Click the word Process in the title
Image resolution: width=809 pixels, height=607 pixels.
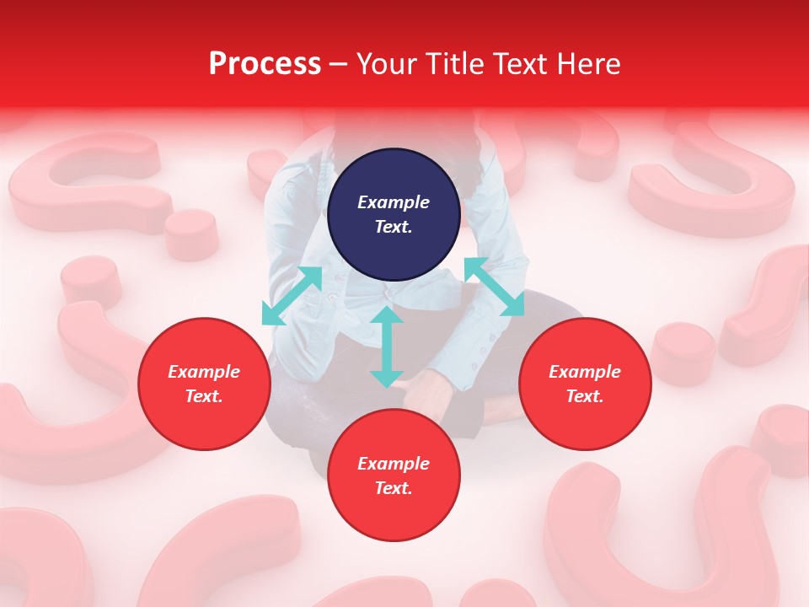coord(265,64)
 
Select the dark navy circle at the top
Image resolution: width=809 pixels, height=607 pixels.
coord(394,214)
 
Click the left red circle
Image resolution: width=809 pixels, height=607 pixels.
coord(204,384)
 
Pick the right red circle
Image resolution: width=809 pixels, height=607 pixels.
coord(585,384)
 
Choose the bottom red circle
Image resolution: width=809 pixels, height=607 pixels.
coord(394,475)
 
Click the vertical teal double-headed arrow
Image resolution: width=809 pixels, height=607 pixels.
coord(386,346)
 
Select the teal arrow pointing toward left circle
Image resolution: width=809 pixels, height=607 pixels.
coord(292,296)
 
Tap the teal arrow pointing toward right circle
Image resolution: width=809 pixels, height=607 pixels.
coord(494,287)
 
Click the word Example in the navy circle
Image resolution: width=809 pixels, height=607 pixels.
coord(394,202)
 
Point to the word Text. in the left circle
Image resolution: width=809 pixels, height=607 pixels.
coord(204,396)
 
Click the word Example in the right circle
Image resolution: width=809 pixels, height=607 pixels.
coord(585,372)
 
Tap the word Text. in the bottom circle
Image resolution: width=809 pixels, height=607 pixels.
coord(394,488)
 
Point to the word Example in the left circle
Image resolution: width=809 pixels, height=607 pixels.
coord(204,372)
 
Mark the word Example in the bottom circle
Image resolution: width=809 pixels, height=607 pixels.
coord(394,464)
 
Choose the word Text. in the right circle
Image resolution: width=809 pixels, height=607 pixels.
coord(585,396)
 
